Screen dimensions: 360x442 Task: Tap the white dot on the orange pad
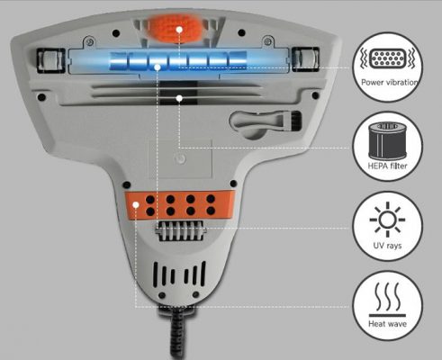coord(179,29)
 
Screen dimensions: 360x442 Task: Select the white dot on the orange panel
coord(136,204)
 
